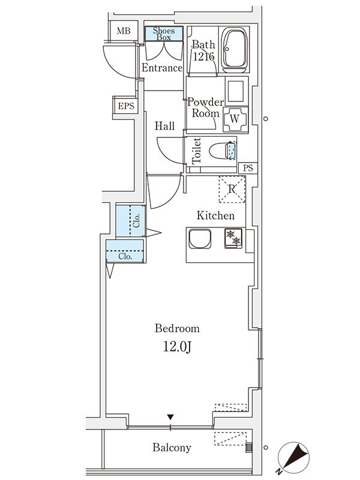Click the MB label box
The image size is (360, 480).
coord(123,31)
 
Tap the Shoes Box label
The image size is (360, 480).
coord(164,34)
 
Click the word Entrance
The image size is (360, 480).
coord(161,68)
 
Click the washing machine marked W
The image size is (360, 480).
coord(235,118)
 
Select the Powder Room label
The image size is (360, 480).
coord(206,107)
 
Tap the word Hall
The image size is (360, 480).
coord(164,127)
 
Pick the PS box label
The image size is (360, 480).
coord(247,167)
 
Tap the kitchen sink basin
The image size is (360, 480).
coord(199,240)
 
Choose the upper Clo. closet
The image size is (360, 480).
coord(130,221)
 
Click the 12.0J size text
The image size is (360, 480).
coord(177,347)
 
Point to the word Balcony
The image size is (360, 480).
coord(172,448)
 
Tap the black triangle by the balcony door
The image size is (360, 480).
coord(171,417)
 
